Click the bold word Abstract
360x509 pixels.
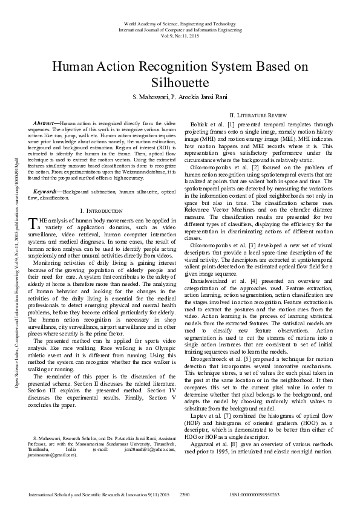tap(45, 123)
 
